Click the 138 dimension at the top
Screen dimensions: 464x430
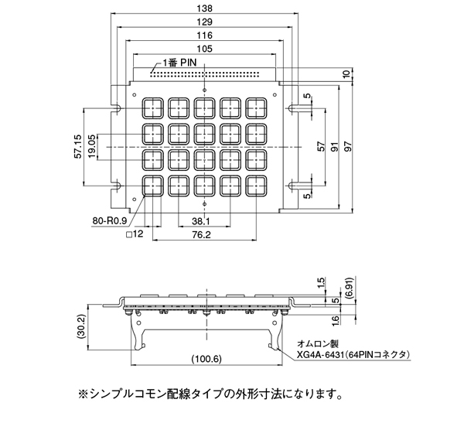204,9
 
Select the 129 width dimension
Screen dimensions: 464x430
204,22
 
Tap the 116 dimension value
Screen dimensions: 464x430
204,36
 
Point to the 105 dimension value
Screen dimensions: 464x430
204,49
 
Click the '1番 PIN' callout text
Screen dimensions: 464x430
179,63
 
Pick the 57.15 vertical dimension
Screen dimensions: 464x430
78,146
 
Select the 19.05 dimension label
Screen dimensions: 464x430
92,146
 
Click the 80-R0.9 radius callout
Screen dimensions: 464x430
110,220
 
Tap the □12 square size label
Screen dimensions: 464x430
135,234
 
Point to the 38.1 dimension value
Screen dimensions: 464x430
200,221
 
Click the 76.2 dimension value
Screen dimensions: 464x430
200,234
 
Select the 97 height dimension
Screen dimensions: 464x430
348,146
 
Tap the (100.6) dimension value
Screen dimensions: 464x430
206,359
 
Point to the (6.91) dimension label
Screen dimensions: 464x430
350,288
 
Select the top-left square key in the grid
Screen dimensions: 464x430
152,108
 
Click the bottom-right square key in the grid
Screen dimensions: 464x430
256,186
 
